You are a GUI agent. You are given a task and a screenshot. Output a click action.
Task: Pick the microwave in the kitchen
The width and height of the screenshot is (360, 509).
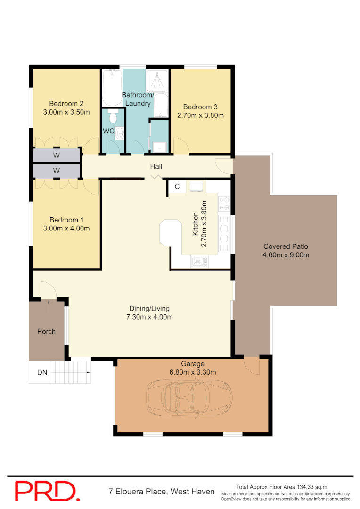tap(199, 261)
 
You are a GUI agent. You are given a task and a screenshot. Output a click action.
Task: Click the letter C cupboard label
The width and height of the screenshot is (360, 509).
tap(177, 186)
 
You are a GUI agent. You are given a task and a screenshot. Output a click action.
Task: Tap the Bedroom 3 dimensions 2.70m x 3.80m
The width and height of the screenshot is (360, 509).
tap(200, 115)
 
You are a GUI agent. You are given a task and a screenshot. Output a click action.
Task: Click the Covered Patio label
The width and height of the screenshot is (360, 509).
tap(286, 246)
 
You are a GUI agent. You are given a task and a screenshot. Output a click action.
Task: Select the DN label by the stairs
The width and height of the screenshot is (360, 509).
tap(42, 372)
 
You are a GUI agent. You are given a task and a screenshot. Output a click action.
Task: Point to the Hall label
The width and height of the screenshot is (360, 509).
tap(156, 166)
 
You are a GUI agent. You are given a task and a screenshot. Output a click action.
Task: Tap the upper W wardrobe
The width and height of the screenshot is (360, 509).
tap(57, 155)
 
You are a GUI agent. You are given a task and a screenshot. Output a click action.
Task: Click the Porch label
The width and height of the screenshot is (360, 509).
tap(46, 331)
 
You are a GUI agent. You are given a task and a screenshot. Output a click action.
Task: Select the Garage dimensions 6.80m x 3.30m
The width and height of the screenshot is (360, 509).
tap(193, 372)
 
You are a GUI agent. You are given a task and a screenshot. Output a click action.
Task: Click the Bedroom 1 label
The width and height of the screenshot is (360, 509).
tap(66, 220)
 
